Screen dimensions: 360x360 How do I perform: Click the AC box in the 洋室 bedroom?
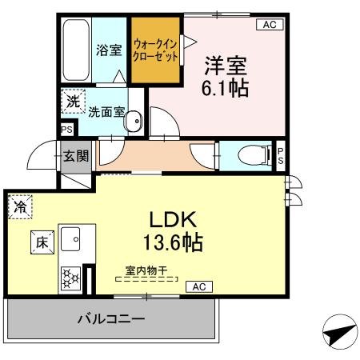point(269,25)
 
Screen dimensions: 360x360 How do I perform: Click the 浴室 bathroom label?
point(109,50)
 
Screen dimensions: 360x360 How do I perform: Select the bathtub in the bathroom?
point(76,50)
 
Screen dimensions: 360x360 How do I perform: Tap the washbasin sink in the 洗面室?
point(134,124)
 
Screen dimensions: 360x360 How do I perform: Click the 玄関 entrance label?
point(78,155)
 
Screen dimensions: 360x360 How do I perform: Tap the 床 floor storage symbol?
point(41,241)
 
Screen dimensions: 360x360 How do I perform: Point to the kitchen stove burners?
point(70,278)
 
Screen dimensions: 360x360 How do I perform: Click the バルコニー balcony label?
point(111,319)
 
